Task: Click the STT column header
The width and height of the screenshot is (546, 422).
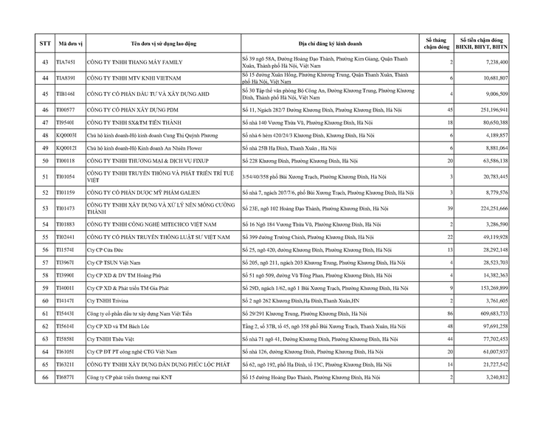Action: click(x=45, y=44)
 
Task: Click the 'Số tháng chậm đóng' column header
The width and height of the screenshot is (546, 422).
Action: click(x=436, y=44)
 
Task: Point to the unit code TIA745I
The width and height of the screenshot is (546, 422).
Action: click(x=66, y=63)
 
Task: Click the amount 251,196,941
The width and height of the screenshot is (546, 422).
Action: click(x=490, y=109)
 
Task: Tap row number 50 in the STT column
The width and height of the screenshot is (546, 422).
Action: click(x=45, y=160)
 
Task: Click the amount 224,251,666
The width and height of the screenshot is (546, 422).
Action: click(x=490, y=209)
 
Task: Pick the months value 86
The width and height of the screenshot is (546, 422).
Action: click(x=448, y=314)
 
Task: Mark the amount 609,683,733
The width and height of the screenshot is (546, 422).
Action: click(x=490, y=314)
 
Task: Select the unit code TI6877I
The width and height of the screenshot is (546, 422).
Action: click(x=66, y=378)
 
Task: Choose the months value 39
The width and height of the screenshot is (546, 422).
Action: click(x=448, y=209)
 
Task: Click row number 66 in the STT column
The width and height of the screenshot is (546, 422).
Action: click(x=45, y=378)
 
